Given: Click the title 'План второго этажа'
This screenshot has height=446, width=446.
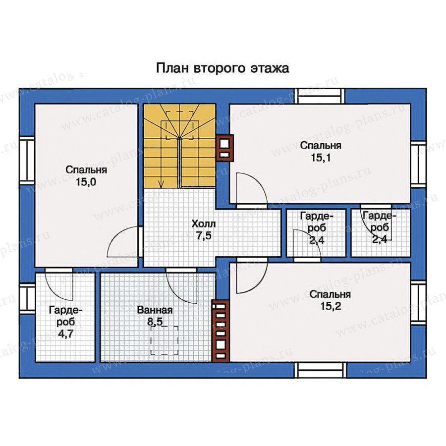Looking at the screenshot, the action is [223, 68].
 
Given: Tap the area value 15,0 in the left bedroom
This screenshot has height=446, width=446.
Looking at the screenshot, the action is [86, 182].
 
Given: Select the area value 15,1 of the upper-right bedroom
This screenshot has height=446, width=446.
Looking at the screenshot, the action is [321, 158].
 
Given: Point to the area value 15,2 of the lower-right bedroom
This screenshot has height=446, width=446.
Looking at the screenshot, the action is [331, 306].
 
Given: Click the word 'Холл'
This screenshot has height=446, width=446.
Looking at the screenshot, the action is [204, 224].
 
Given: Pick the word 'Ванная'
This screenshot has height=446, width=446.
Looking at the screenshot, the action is [155, 310].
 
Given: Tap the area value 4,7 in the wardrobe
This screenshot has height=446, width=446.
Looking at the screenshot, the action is [65, 334].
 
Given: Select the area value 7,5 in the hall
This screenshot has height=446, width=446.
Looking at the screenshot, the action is [204, 236].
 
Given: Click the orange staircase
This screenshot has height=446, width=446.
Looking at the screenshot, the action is [179, 146].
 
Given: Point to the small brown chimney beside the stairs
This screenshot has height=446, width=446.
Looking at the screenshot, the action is [225, 148].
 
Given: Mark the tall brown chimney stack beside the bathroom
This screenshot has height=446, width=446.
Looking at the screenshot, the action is [221, 331].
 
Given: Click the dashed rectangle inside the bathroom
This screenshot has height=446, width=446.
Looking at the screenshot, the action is [164, 341].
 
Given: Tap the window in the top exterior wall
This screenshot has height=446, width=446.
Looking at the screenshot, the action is [320, 96].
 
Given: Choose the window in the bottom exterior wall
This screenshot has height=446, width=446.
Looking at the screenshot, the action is [320, 370].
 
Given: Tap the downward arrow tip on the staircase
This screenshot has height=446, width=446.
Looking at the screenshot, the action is [162, 187].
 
